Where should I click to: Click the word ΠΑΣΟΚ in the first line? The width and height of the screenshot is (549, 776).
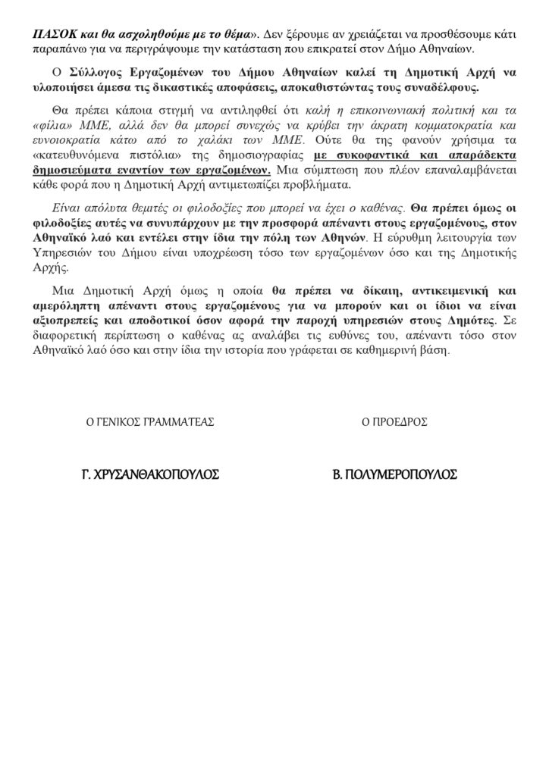coord(51,35)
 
